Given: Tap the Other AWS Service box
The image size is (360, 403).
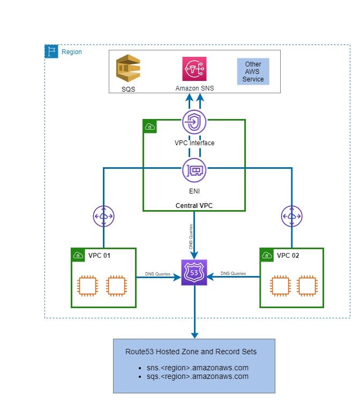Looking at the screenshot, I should [x=253, y=72].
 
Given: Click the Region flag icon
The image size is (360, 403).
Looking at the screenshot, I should [x=51, y=51].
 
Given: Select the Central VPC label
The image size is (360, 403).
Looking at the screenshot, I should [x=193, y=205].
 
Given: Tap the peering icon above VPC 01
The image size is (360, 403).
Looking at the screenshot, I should [x=103, y=216].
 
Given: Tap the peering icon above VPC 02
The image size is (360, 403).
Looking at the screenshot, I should [x=292, y=216].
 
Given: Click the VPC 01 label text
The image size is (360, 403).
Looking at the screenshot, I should [x=99, y=256].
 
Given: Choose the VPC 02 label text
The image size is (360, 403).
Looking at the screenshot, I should [x=288, y=256].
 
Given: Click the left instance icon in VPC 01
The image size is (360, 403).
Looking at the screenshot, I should [x=87, y=286].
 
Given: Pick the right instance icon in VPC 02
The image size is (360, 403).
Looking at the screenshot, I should [x=306, y=286].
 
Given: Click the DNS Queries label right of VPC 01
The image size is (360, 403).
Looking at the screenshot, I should [x=157, y=274].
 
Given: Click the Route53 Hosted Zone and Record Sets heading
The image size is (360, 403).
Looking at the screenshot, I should [x=191, y=352].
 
